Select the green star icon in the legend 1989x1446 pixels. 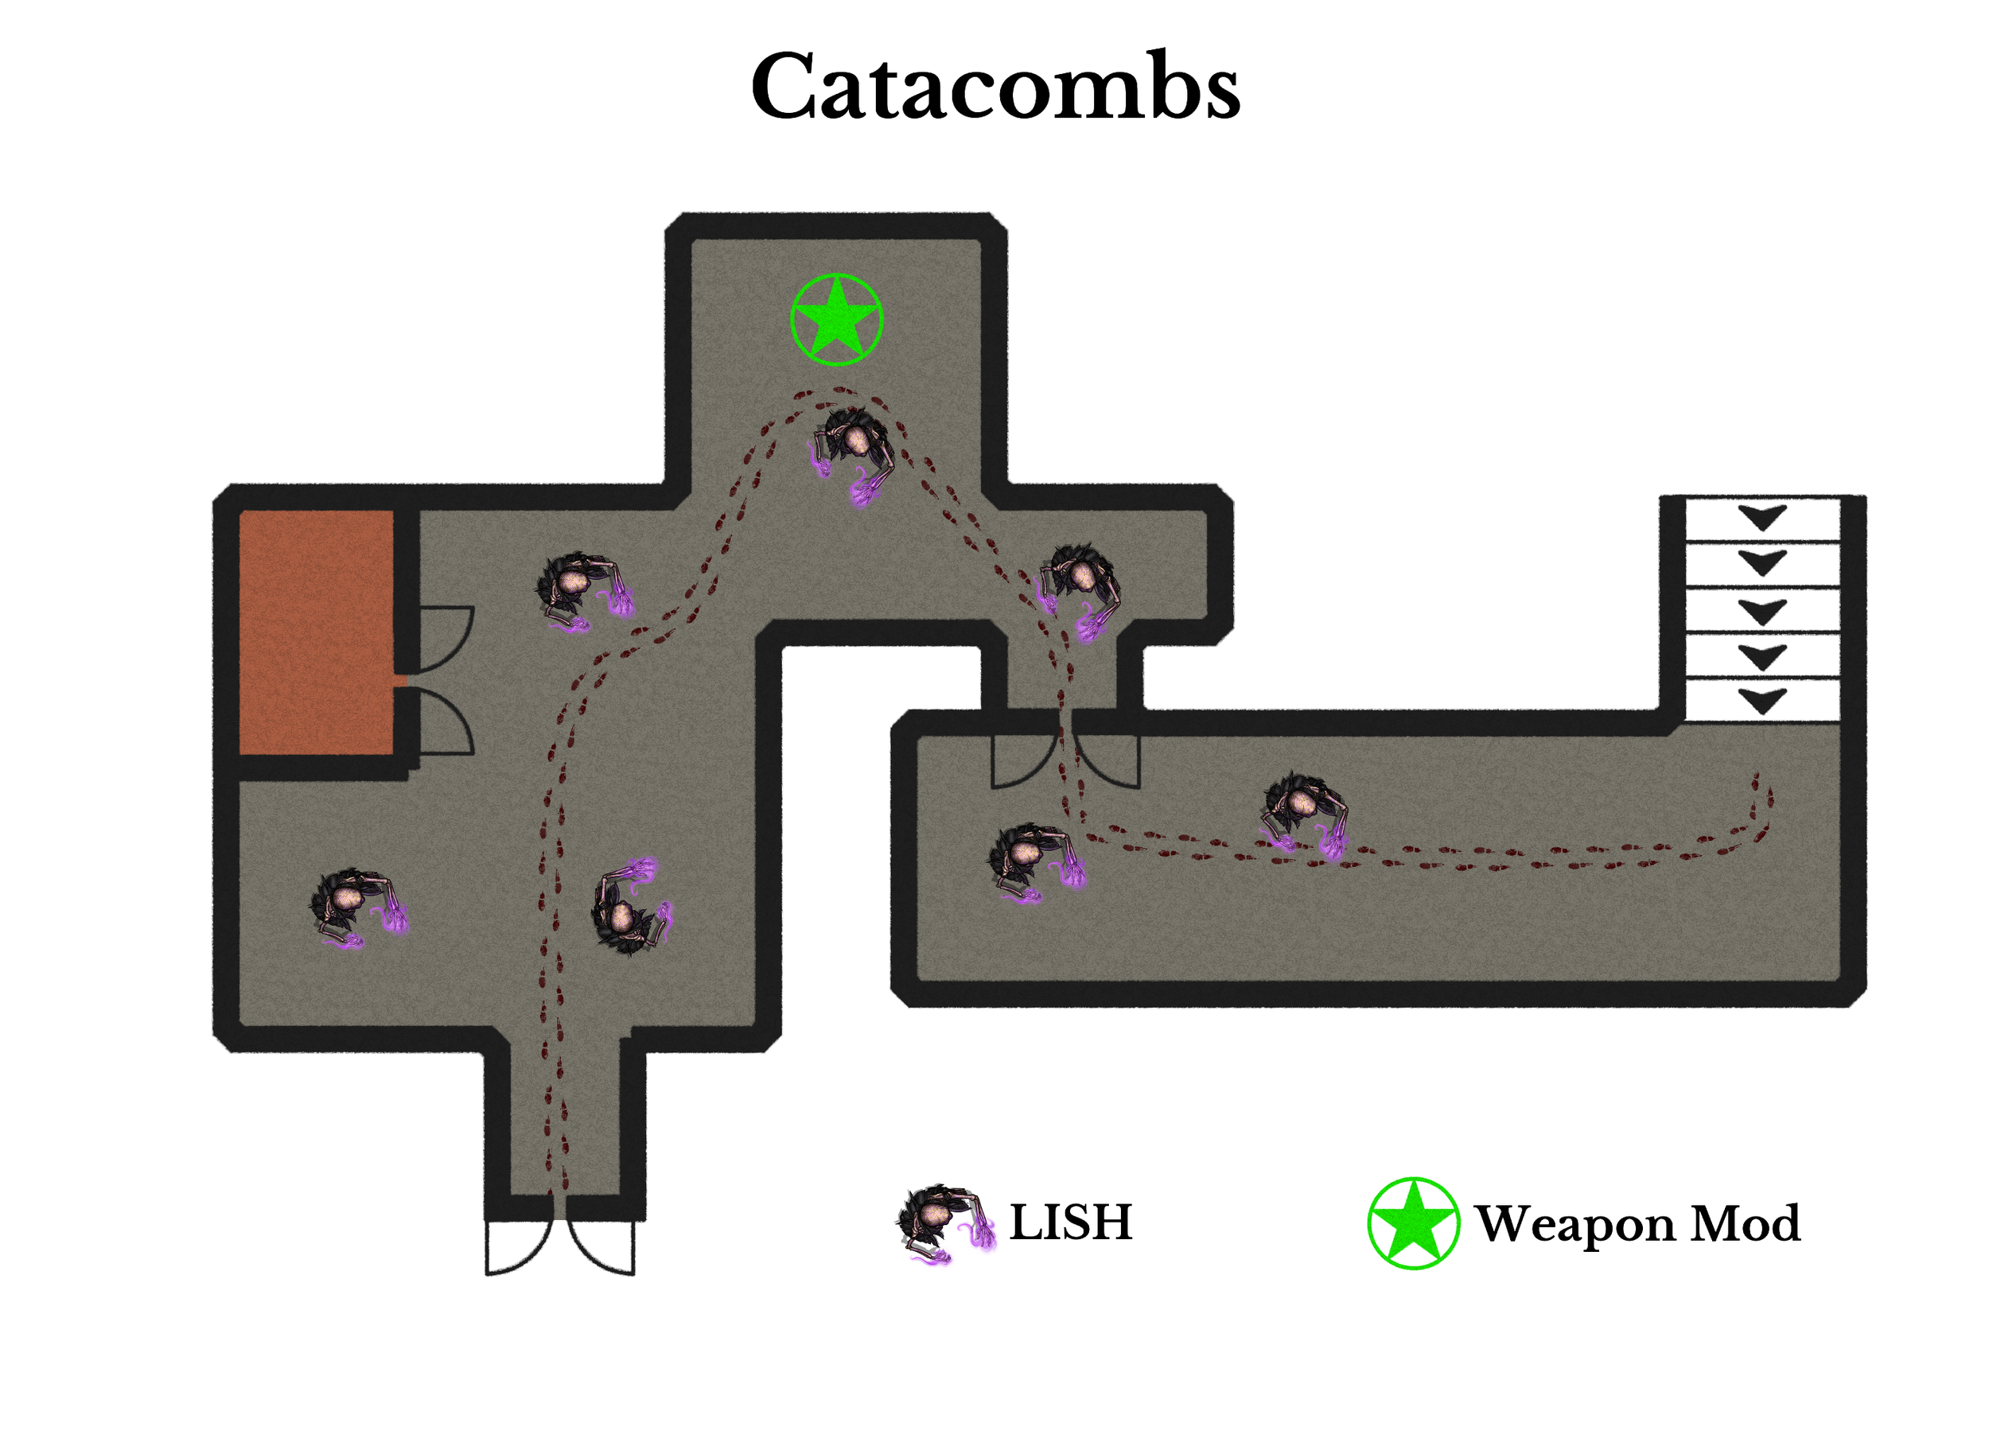pyautogui.click(x=1413, y=1223)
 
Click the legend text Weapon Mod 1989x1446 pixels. pyautogui.click(x=1637, y=1223)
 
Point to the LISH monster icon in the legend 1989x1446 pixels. pyautogui.click(x=944, y=1223)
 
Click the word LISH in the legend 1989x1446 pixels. pyautogui.click(x=1070, y=1222)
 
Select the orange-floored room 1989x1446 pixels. pyautogui.click(x=316, y=632)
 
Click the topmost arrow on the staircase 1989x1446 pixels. pyautogui.click(x=1762, y=517)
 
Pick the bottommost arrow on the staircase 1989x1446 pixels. pyautogui.click(x=1762, y=701)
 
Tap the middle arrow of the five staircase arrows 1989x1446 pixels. pyautogui.click(x=1762, y=610)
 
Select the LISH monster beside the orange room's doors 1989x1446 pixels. pyautogui.click(x=582, y=590)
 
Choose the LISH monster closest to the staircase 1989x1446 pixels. pyautogui.click(x=1303, y=812)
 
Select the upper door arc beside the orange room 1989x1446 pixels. pyautogui.click(x=446, y=636)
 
